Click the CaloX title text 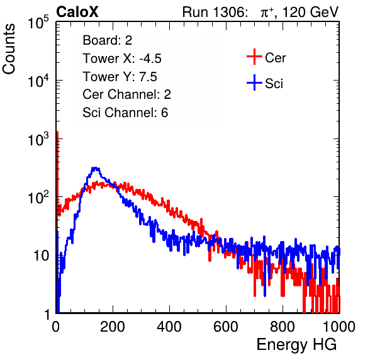pyautogui.click(x=77, y=12)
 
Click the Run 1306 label pyautogui.click(x=214, y=12)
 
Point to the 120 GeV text pyautogui.click(x=310, y=12)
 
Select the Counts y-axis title pyautogui.click(x=9, y=48)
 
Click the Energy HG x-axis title pyautogui.click(x=296, y=345)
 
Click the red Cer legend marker pyautogui.click(x=254, y=57)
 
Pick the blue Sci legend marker pyautogui.click(x=254, y=82)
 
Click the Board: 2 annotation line pyautogui.click(x=108, y=40)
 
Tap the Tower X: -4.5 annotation pyautogui.click(x=122, y=59)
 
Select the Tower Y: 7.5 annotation pyautogui.click(x=120, y=77)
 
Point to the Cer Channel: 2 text pyautogui.click(x=126, y=94)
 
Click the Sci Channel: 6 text pyautogui.click(x=125, y=113)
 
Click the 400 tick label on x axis pyautogui.click(x=169, y=327)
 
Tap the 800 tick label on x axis pyautogui.click(x=283, y=327)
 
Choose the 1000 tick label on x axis pyautogui.click(x=339, y=327)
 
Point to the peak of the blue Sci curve pyautogui.click(x=96, y=167)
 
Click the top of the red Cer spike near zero pyautogui.click(x=57, y=132)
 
